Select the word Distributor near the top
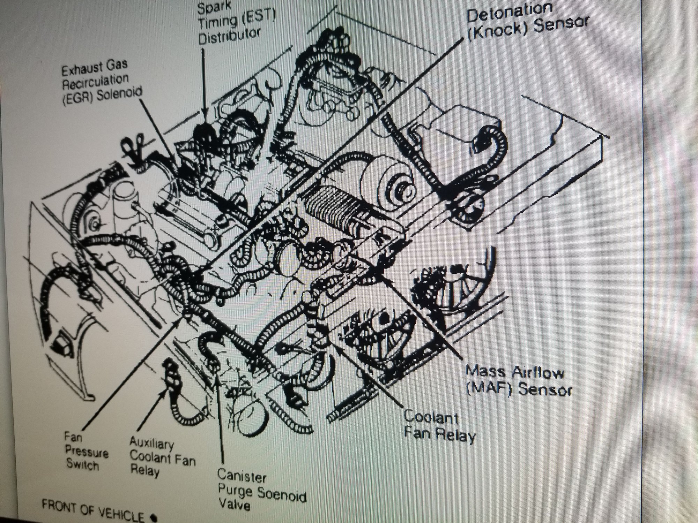230,36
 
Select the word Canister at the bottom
242,476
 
